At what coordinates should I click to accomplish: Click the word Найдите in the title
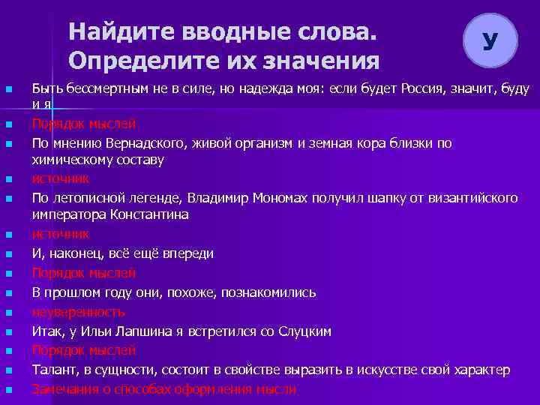point(115,33)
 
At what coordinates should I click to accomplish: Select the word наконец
point(71,253)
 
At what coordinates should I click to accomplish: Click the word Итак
point(46,331)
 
